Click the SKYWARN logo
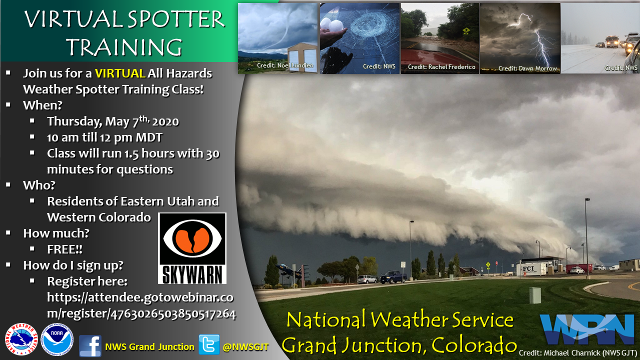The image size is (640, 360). [192, 248]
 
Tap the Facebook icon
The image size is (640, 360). [90, 346]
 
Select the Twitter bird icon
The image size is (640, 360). [209, 344]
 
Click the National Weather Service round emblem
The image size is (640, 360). [21, 339]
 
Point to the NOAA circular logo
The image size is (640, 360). [57, 339]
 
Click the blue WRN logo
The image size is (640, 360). [587, 329]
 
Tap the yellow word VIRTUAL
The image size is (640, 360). [120, 73]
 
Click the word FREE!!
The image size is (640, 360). [64, 249]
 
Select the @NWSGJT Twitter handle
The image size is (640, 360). [245, 347]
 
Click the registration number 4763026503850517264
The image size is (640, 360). [173, 314]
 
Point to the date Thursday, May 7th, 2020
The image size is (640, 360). [113, 121]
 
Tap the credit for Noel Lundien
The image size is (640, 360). [285, 65]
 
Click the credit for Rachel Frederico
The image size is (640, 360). [441, 67]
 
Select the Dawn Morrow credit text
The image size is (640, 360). [527, 68]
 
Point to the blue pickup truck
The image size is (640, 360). [393, 276]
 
